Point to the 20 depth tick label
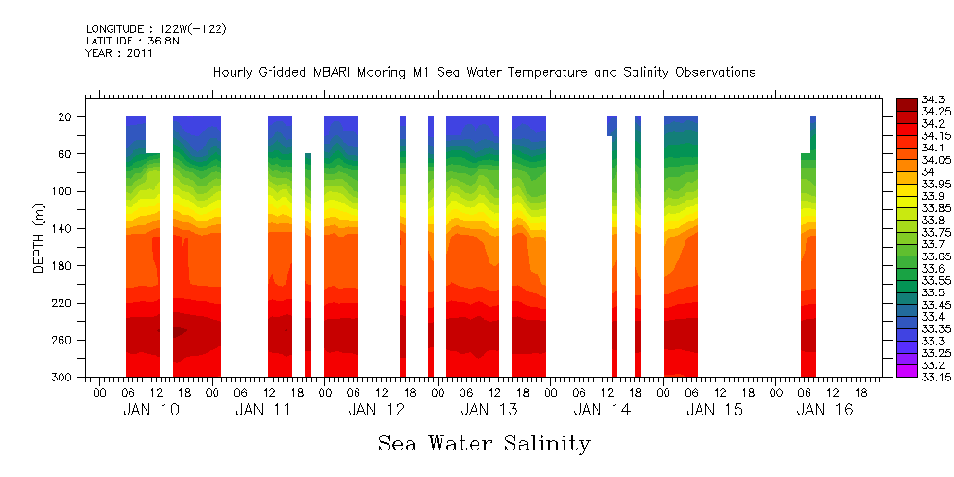point(66,117)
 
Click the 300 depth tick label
point(62,378)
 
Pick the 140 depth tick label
point(62,229)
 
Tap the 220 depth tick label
point(62,304)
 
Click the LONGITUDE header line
point(155,29)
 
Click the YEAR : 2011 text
point(119,54)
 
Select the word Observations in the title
point(712,73)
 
